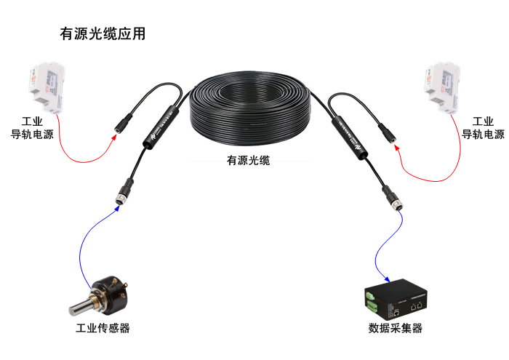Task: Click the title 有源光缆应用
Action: [103, 34]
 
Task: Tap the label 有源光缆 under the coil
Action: [249, 161]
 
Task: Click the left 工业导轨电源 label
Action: [32, 128]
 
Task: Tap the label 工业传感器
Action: [103, 329]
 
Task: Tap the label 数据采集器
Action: [395, 329]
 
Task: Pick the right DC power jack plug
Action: [386, 131]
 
